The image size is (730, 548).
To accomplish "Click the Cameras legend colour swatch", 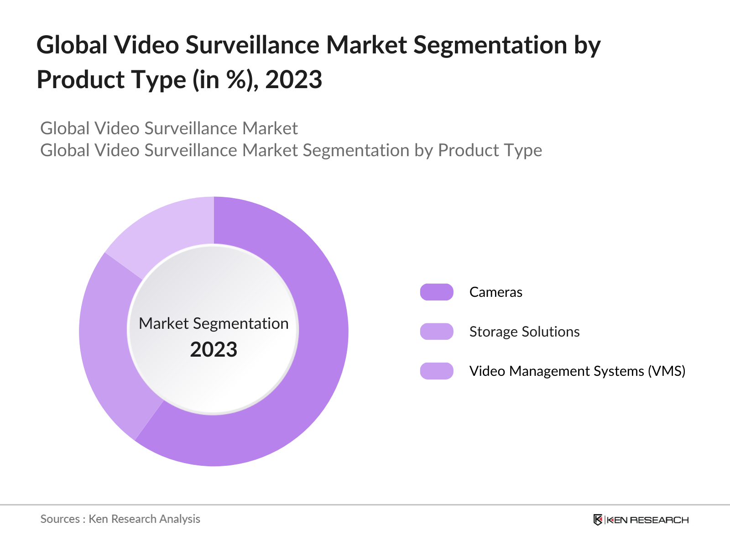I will coord(437,292).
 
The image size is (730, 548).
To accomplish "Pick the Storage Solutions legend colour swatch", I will coord(437,332).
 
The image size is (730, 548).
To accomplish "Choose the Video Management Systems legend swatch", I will coord(437,371).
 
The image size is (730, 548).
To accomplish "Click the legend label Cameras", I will coord(495,292).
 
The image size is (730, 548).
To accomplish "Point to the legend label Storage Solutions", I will coord(524,332).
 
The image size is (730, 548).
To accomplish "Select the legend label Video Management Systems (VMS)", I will coord(577,371).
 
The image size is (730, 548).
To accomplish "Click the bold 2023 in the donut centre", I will coord(214,350).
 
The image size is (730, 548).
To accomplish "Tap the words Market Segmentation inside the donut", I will coord(214,323).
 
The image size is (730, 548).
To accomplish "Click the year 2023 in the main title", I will coord(294,79).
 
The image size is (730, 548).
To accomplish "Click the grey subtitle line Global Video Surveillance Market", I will coord(169,128).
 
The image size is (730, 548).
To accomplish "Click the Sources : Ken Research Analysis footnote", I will coord(120,519).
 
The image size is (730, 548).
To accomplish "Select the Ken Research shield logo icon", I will coord(598,520).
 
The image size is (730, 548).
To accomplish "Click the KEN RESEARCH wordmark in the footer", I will coord(647,520).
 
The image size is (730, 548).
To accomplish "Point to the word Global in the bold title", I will coord(72,45).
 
